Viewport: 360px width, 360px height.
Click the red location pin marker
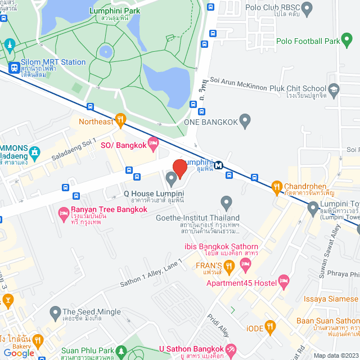click(179, 168)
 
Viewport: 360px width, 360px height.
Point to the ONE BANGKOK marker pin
click(245, 119)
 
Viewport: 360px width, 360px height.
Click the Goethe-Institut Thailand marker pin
click(226, 202)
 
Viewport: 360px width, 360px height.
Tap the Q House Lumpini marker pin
click(171, 179)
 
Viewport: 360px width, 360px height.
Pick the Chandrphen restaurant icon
click(276, 186)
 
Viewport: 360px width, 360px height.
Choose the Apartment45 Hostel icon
click(284, 280)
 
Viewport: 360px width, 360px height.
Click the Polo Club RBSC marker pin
click(307, 8)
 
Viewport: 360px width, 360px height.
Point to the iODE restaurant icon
click(271, 325)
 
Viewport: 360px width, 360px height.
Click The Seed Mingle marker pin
click(55, 312)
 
